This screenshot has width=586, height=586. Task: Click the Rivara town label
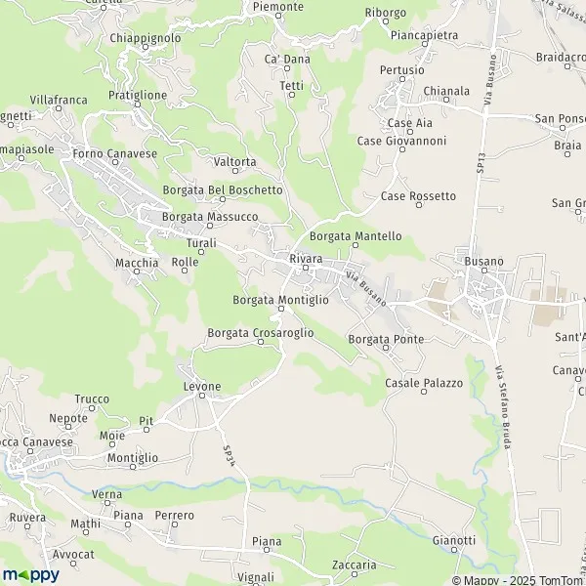point(306,258)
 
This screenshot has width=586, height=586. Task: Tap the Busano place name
point(484,262)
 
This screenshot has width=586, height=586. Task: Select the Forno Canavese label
point(114,153)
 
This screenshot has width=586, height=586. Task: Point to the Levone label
point(202,387)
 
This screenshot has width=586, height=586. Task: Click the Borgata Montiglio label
point(281,300)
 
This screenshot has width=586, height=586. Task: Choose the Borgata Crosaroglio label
point(261,333)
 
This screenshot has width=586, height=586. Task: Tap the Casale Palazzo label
point(423,383)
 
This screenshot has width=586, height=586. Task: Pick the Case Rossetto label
point(418,196)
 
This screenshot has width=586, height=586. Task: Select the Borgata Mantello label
point(356,236)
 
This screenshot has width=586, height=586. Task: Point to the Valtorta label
point(234,162)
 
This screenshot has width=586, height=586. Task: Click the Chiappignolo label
point(146,38)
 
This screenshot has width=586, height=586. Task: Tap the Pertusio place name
point(401,70)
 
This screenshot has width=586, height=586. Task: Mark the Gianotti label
point(453,540)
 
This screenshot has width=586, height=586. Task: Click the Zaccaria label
point(354,565)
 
